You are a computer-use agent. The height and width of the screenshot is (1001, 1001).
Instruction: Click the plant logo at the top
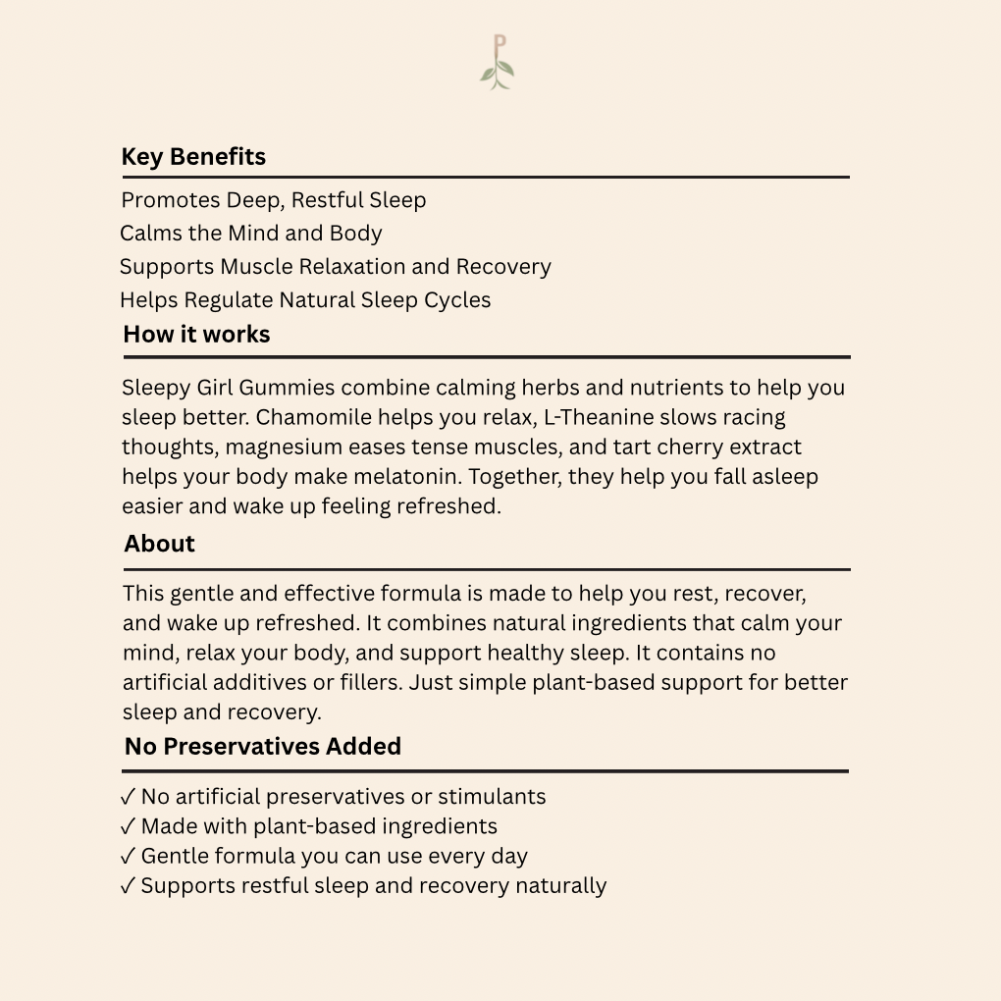499,63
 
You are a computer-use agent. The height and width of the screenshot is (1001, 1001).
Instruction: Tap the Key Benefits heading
193,157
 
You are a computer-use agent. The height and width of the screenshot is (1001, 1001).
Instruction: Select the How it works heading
196,335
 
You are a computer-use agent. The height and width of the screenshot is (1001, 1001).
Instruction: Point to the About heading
159,544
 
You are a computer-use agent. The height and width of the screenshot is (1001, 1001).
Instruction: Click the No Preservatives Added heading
263,747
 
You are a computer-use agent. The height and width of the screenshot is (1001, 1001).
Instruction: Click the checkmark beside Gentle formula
129,857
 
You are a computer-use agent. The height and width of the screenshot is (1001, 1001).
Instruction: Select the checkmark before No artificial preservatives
129,797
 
